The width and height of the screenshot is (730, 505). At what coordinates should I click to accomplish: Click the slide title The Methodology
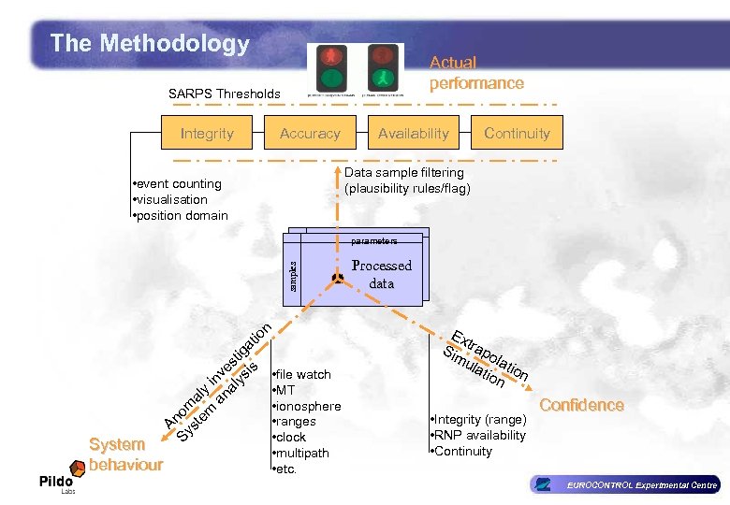pyautogui.click(x=150, y=43)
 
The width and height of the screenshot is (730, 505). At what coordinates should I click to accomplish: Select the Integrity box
pyautogui.click(x=207, y=134)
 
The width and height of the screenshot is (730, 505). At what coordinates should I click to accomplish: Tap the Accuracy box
pyautogui.click(x=310, y=134)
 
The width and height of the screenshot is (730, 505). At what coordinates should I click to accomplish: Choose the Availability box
pyautogui.click(x=413, y=134)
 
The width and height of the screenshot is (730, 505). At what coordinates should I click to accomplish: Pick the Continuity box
pyautogui.click(x=517, y=134)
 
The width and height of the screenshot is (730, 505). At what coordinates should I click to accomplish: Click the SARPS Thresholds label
pyautogui.click(x=224, y=94)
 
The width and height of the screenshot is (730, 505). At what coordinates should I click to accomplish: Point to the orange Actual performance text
pyautogui.click(x=475, y=73)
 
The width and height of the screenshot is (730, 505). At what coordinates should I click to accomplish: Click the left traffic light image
pyautogui.click(x=331, y=67)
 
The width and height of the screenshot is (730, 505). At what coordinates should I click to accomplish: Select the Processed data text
pyautogui.click(x=381, y=274)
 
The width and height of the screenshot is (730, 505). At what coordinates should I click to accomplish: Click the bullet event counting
pyautogui.click(x=177, y=183)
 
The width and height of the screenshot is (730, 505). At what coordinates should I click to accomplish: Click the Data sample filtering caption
pyautogui.click(x=407, y=180)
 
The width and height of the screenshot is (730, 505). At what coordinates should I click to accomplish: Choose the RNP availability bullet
pyautogui.click(x=478, y=435)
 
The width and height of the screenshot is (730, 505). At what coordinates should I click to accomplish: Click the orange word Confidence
pyautogui.click(x=581, y=405)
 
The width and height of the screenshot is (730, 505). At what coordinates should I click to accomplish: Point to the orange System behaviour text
pyautogui.click(x=125, y=454)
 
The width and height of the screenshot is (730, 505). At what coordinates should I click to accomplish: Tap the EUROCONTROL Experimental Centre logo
pyautogui.click(x=624, y=484)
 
